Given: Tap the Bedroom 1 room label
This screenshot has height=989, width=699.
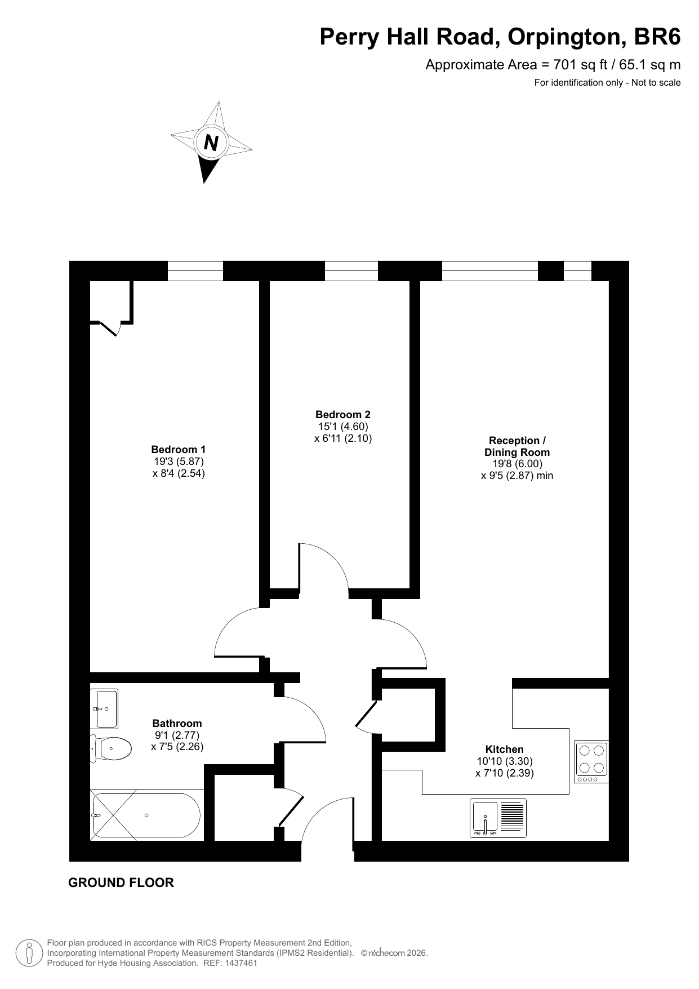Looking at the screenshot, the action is click(x=179, y=450).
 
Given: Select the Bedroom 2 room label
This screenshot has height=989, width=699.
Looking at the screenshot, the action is click(x=343, y=415).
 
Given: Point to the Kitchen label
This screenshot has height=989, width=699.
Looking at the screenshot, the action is click(x=505, y=749).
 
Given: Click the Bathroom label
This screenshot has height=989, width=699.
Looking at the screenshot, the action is click(x=177, y=723).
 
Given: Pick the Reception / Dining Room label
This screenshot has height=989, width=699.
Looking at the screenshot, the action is click(x=517, y=446).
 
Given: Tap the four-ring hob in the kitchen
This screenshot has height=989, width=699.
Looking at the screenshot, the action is click(x=592, y=762).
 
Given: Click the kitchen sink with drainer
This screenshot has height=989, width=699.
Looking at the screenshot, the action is click(x=498, y=818).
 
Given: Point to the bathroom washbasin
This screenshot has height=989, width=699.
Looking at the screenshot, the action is click(x=104, y=708).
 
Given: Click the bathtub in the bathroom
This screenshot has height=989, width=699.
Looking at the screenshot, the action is click(x=146, y=815).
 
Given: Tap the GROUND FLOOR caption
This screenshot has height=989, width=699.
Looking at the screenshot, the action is click(x=121, y=883).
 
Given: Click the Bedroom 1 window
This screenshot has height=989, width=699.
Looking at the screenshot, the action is click(x=195, y=271).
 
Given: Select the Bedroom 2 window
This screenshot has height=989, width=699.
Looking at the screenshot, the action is click(x=351, y=271).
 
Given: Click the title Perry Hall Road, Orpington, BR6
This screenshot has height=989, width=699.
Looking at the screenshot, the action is click(x=500, y=37).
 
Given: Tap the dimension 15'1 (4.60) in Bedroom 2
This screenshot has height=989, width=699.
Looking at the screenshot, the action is click(x=343, y=427).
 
